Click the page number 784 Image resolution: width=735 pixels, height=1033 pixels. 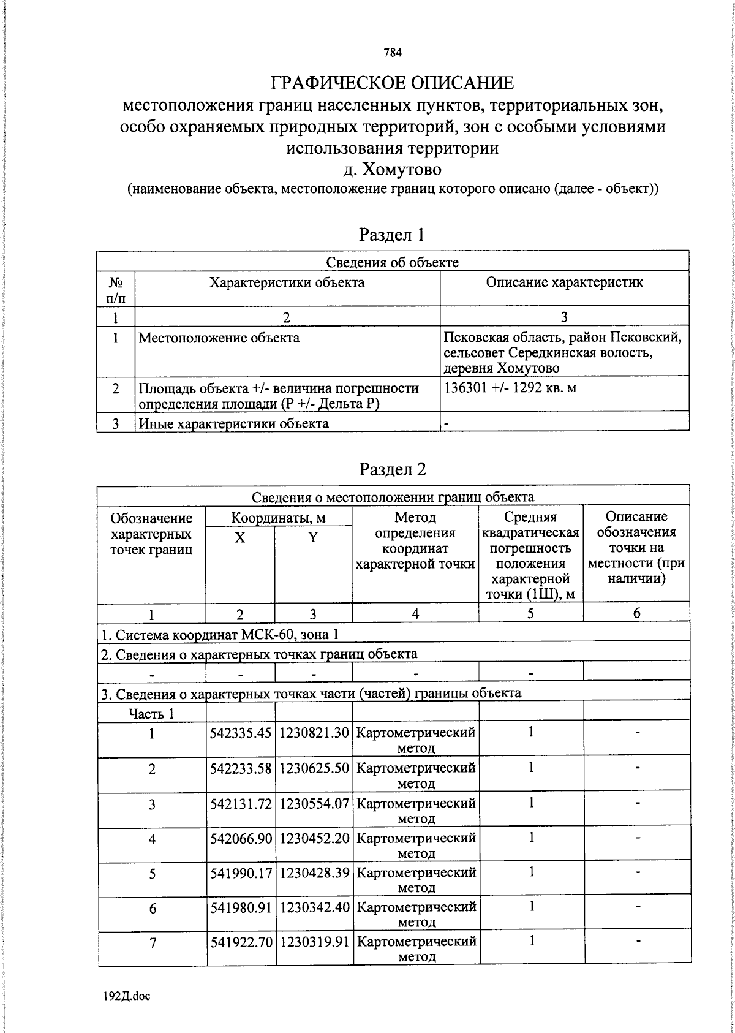pyautogui.click(x=393, y=53)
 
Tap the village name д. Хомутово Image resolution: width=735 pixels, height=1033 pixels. pyautogui.click(x=392, y=168)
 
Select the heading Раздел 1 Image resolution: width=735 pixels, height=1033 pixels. pyautogui.click(x=392, y=235)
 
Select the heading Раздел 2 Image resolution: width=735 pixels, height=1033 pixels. pyautogui.click(x=392, y=469)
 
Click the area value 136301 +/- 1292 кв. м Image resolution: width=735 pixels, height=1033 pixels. pyautogui.click(x=510, y=388)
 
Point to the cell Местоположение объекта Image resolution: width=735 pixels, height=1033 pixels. pyautogui.click(x=219, y=338)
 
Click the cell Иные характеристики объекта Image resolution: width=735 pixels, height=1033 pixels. pyautogui.click(x=233, y=423)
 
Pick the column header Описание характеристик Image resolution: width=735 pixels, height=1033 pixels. pyautogui.click(x=564, y=282)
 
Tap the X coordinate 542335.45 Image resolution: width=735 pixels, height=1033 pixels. pyautogui.click(x=241, y=733)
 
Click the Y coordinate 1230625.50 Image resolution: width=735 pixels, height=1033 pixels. pyautogui.click(x=314, y=768)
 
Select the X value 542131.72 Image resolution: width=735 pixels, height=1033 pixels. pyautogui.click(x=241, y=803)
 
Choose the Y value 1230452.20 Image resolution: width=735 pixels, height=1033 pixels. pyautogui.click(x=314, y=838)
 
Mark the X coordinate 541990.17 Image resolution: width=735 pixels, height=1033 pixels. pyautogui.click(x=241, y=872)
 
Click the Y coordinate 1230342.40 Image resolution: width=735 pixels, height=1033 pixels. pyautogui.click(x=314, y=907)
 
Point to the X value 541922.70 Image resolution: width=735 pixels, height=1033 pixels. pyautogui.click(x=241, y=942)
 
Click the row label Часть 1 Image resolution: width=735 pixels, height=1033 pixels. pyautogui.click(x=151, y=713)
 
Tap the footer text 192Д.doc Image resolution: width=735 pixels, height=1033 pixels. pyautogui.click(x=127, y=996)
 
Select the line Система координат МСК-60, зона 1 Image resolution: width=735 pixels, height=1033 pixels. pyautogui.click(x=219, y=635)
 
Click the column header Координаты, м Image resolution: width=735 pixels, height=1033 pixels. pyautogui.click(x=278, y=518)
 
